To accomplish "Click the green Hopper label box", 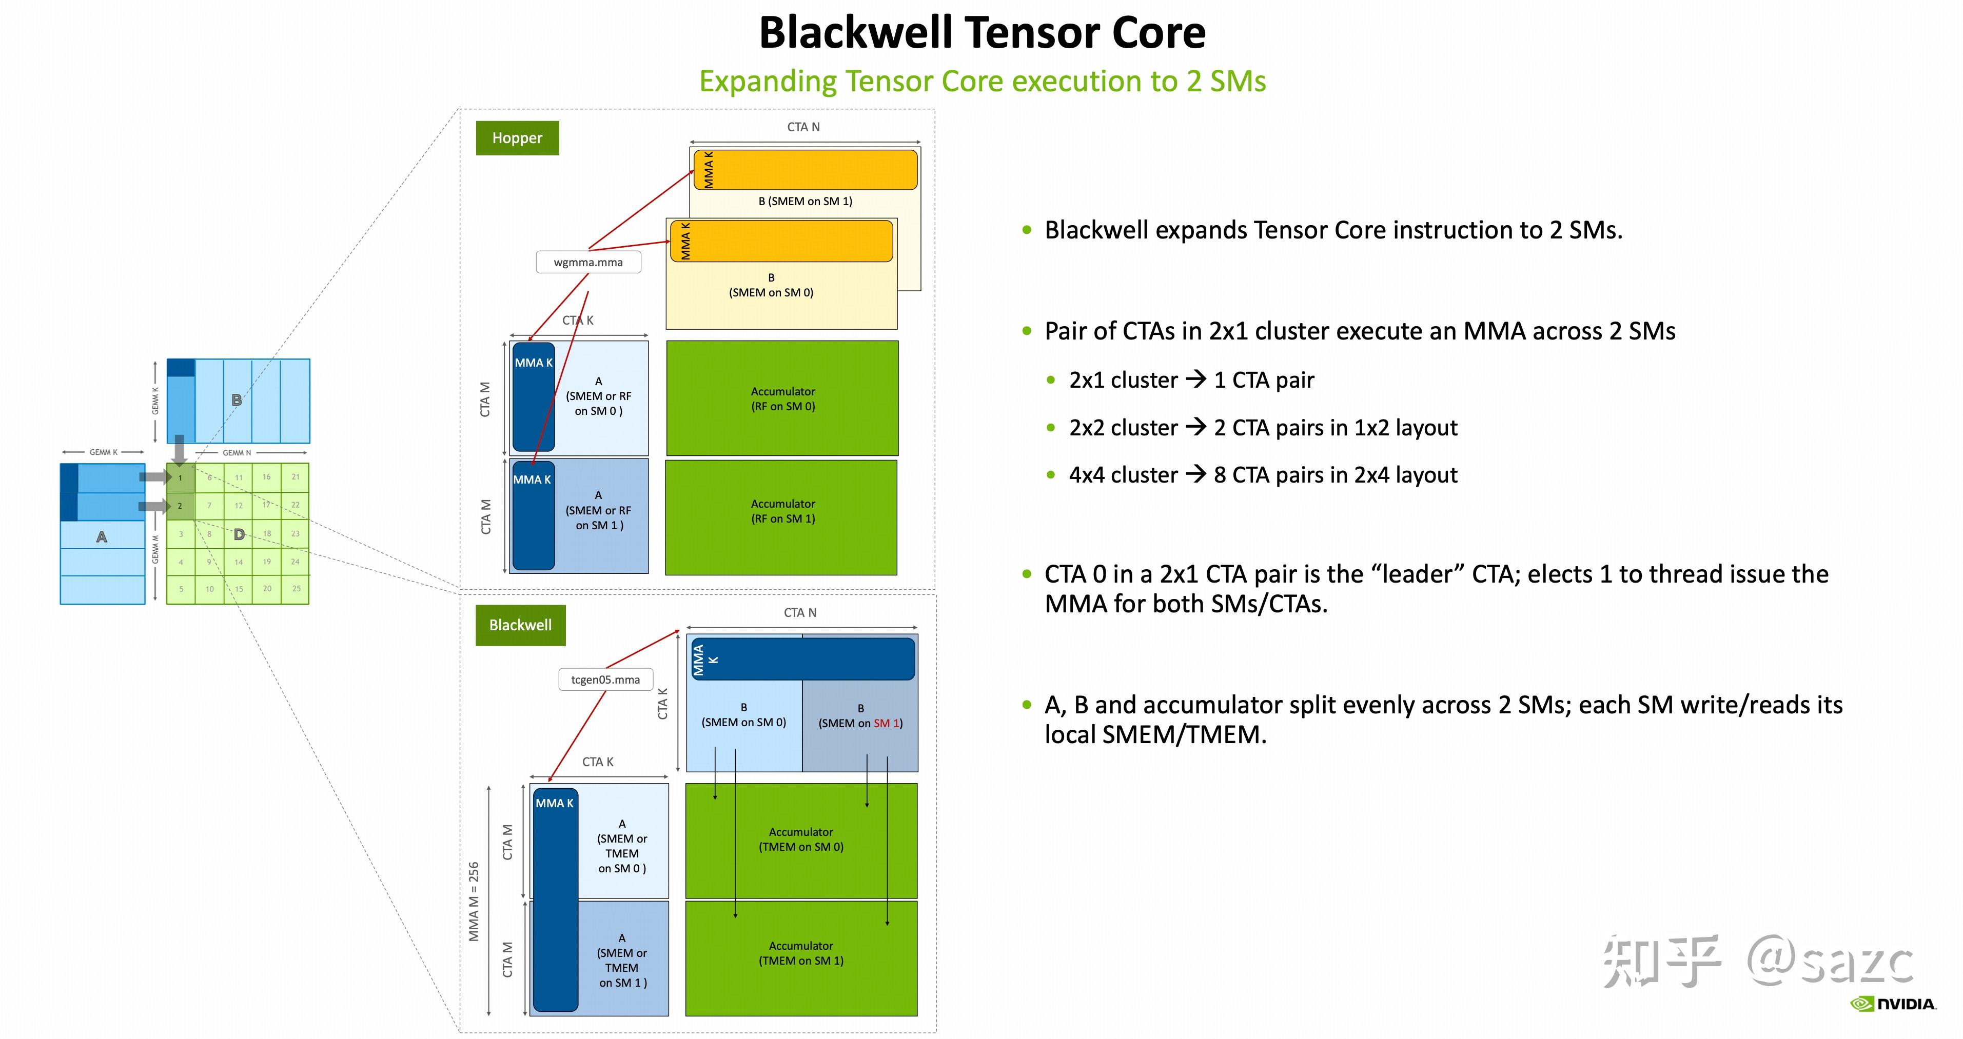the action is (x=517, y=138).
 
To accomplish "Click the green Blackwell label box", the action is (x=520, y=625).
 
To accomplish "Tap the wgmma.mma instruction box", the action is (x=588, y=262).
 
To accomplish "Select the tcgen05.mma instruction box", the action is (x=606, y=680).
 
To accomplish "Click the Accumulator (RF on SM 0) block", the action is (x=782, y=398).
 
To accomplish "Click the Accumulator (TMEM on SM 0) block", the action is (x=801, y=840).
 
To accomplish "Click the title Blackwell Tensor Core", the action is (x=982, y=33).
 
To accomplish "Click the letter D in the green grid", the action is (x=239, y=535).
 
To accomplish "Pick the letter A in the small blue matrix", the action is (x=102, y=537).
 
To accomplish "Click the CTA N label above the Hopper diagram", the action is (x=803, y=127).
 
